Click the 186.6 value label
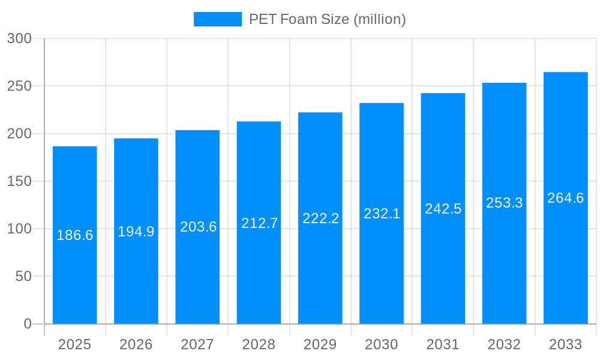pyautogui.click(x=75, y=235)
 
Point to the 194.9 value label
pyautogui.click(x=136, y=232)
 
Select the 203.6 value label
pyautogui.click(x=198, y=227)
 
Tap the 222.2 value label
pyautogui.click(x=320, y=218)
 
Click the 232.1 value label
pyautogui.click(x=382, y=214)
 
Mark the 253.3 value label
pyautogui.click(x=504, y=203)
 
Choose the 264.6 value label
pyautogui.click(x=565, y=198)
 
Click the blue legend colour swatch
pyautogui.click(x=217, y=19)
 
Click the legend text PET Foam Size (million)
pyautogui.click(x=328, y=19)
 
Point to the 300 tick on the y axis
pyautogui.click(x=19, y=38)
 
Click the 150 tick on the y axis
pyautogui.click(x=19, y=181)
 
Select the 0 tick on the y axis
pyautogui.click(x=28, y=324)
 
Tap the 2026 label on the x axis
pyautogui.click(x=136, y=344)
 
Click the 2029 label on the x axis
pyautogui.click(x=320, y=344)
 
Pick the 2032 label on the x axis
pyautogui.click(x=504, y=344)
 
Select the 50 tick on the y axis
pyautogui.click(x=23, y=277)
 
